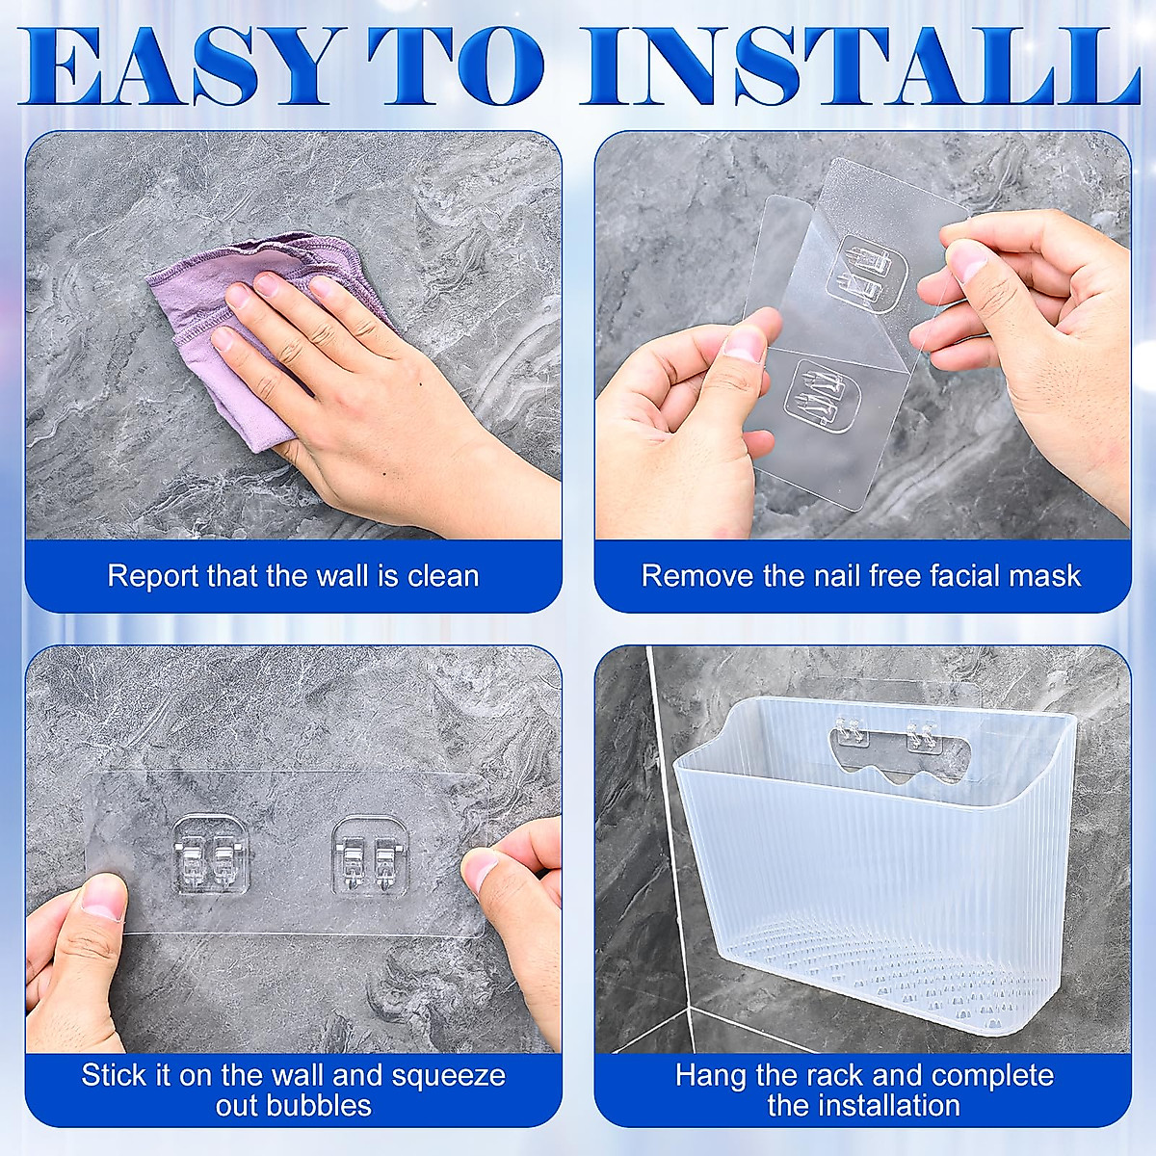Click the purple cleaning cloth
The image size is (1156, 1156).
pyautogui.click(x=241, y=318)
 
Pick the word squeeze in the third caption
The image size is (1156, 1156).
pyautogui.click(x=451, y=1075)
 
